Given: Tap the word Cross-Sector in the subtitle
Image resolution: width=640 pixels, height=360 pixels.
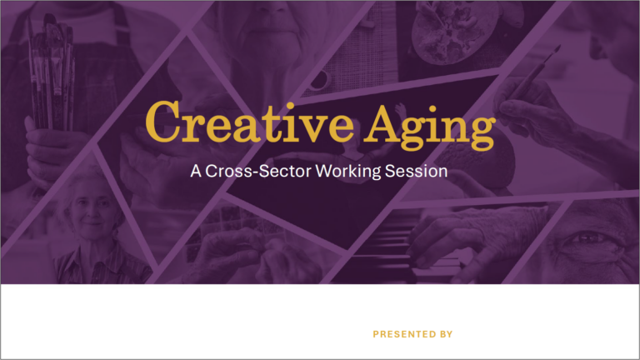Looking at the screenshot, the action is (258, 171).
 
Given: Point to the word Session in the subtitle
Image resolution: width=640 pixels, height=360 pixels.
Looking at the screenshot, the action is (417, 171).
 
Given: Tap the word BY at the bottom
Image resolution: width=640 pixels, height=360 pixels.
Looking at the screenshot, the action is (446, 334).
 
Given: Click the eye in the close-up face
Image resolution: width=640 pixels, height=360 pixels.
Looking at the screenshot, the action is (587, 237).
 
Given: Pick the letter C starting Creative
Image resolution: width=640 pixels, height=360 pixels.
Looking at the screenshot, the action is (162, 121).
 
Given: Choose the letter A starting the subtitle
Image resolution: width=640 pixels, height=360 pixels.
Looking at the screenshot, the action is (196, 172).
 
